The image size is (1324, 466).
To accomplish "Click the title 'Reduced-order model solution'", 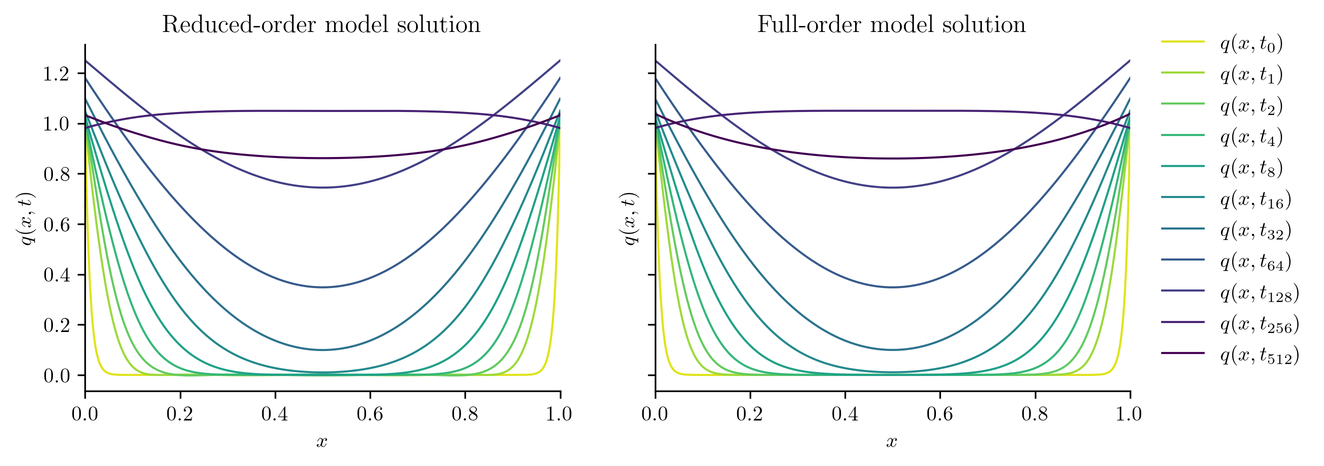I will coord(321,24).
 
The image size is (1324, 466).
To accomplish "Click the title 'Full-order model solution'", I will coord(891,24).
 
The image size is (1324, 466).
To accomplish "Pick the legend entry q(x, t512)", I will coord(1260,355).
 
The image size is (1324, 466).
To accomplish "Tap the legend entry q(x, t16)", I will coord(1256,199).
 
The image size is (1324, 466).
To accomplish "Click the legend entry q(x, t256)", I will coord(1260,323).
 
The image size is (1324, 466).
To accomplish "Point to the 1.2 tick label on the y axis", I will coord(56,74).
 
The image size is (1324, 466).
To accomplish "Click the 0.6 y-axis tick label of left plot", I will coord(56,225).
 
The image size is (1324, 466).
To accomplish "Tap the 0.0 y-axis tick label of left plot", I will coord(56,376).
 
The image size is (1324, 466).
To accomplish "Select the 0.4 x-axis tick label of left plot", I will coord(275,414).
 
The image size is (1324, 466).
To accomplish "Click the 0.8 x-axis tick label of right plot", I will coord(1035,414).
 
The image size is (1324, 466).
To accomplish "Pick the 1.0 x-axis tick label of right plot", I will coord(1129,414).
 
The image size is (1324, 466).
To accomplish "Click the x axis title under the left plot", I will coord(322,441).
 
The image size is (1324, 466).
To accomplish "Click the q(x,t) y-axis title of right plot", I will coord(630,218).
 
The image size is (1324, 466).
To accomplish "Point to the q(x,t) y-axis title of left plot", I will coord(26,218).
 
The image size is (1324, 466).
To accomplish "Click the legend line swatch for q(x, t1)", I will coord(1183,72).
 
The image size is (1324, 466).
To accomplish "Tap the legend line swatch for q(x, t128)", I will coord(1183,290).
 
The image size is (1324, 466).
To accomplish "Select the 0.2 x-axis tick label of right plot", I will coord(749,414).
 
